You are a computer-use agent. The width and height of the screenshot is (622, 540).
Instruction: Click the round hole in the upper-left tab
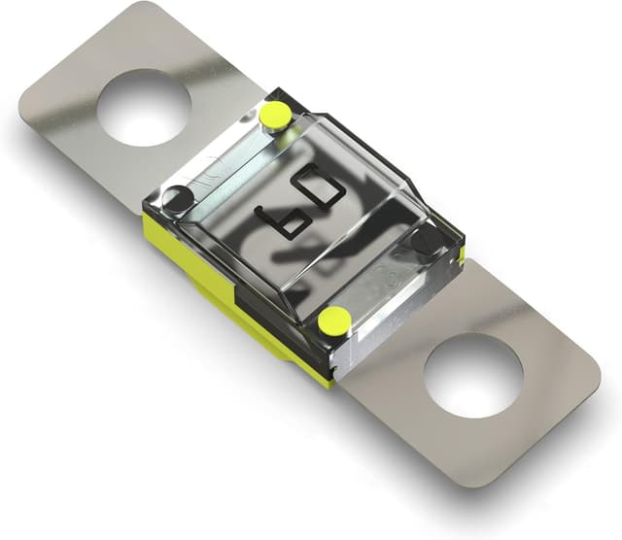(x=144, y=107)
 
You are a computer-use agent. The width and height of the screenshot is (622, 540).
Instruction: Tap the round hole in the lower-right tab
(x=472, y=377)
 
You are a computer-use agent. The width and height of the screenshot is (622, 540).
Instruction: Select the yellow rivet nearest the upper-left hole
(x=275, y=116)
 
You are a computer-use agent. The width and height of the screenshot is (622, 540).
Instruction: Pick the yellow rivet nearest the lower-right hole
(x=334, y=320)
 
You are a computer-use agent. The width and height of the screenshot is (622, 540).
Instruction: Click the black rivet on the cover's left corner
(x=177, y=200)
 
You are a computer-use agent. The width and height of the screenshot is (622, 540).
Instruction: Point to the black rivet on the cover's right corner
(x=425, y=239)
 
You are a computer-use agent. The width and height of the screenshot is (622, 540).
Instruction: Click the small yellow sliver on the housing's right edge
(x=462, y=254)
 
